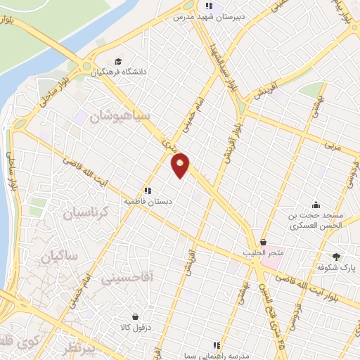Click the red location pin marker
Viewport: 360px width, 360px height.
click(x=181, y=165)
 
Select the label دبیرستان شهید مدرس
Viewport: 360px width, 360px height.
click(x=205, y=15)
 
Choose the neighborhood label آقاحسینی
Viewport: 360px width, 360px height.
click(x=108, y=279)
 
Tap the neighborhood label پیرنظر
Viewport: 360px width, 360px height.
click(x=76, y=349)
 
